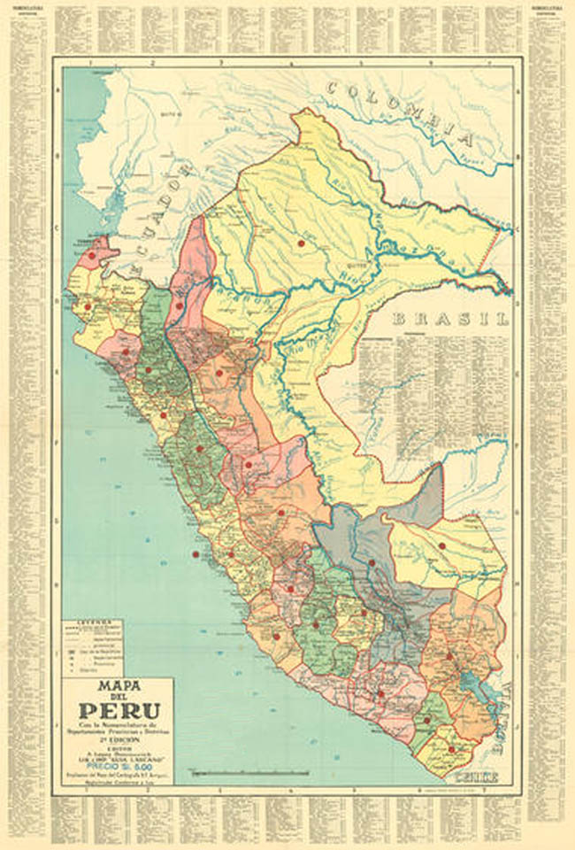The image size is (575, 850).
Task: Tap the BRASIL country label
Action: pos(451,319)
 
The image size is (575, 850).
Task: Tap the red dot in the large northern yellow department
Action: pos(301,242)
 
